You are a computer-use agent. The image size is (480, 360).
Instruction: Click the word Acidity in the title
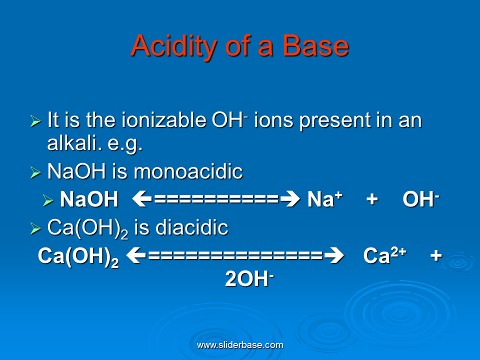pos(169,46)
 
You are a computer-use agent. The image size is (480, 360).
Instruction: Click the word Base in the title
pos(315,46)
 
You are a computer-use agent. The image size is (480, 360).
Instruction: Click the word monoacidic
pos(188,172)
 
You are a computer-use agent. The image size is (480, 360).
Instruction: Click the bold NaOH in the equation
pos(89,200)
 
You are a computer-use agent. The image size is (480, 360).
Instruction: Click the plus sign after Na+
pos(371,200)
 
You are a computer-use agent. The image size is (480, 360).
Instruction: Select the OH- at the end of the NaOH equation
pos(420,199)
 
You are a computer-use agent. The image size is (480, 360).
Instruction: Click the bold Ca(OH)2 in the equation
pos(78,256)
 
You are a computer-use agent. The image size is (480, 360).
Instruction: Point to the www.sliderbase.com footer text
pos(240,345)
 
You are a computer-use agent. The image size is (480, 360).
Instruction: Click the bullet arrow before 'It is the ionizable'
pos(35,121)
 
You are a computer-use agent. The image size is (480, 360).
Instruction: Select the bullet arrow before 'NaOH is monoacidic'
pos(35,173)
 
